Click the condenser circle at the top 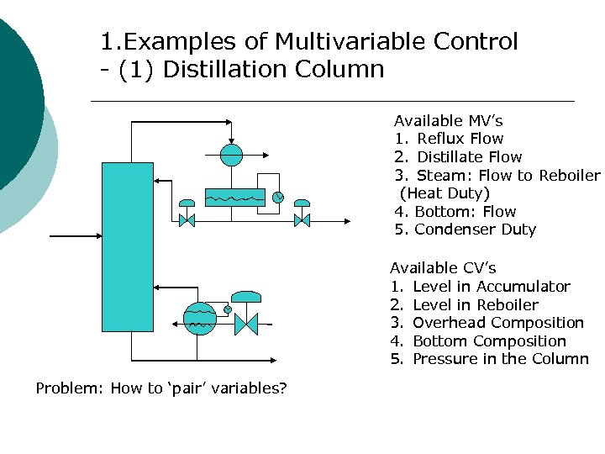pos(231,154)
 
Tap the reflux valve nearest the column pos(187,220)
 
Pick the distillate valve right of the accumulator pos(301,220)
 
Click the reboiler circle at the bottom pos(200,319)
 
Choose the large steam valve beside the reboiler pos(245,322)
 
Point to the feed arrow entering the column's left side pos(76,236)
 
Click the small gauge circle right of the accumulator pos(277,198)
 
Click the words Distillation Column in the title pos(274,69)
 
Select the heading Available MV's pos(448,121)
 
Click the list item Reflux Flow pos(460,139)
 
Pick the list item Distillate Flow pos(469,157)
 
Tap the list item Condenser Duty pos(475,230)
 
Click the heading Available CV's pos(443,268)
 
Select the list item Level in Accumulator pos(491,287)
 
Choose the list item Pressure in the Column pos(500,359)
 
